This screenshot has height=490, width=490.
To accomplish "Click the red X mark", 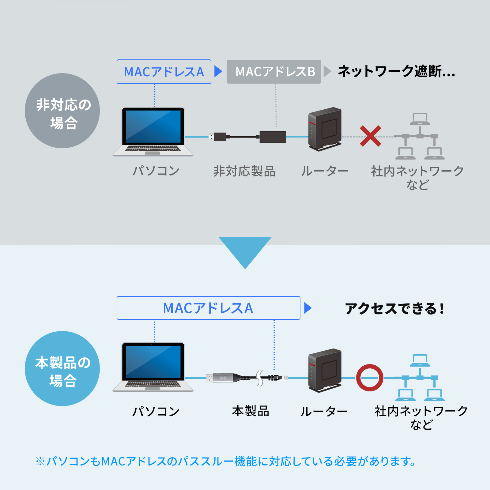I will pos(371,136).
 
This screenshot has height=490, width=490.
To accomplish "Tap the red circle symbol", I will pos(370,378).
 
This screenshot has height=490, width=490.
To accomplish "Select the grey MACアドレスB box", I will pos(274,72).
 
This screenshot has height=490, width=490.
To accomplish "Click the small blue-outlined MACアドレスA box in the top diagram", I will pos(164,72).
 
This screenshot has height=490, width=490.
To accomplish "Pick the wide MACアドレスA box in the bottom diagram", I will pos(208,308).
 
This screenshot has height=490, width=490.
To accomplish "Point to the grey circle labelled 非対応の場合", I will pos(62,111).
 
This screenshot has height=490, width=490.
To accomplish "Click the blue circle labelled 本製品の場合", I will pos(62,368).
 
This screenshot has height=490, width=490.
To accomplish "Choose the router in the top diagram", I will pos(325,129).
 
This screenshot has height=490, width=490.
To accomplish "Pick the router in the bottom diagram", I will pos(325,370).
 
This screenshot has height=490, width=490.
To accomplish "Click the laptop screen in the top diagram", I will pos(153,126).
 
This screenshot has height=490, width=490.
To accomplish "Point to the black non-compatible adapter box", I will pos(273,137).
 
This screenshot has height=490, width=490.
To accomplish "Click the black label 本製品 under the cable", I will pos(250,411).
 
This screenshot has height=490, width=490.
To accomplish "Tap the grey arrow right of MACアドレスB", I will pos(327,71).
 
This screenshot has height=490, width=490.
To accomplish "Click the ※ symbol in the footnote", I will pos(40,461).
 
